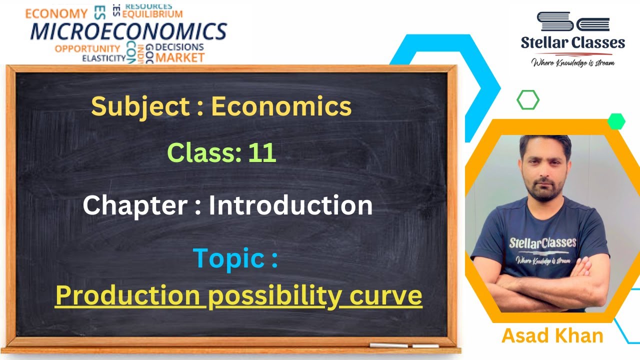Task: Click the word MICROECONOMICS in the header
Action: pyautogui.click(x=128, y=31)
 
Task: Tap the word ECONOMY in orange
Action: pyautogui.click(x=56, y=13)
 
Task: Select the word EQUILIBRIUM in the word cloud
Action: pyautogui.click(x=152, y=13)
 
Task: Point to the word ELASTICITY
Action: pyautogui.click(x=104, y=58)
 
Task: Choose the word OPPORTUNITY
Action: pyautogui.click(x=87, y=48)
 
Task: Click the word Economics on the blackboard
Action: pyautogui.click(x=281, y=106)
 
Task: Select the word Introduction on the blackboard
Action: pyautogui.click(x=290, y=205)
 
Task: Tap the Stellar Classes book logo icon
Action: pyautogui.click(x=573, y=21)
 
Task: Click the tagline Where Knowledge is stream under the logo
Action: pyautogui.click(x=573, y=63)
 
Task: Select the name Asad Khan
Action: pyautogui.click(x=552, y=336)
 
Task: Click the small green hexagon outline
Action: pyautogui.click(x=528, y=100)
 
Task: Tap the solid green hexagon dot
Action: pyautogui.click(x=616, y=121)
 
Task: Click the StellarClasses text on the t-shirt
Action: pyautogui.click(x=542, y=243)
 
